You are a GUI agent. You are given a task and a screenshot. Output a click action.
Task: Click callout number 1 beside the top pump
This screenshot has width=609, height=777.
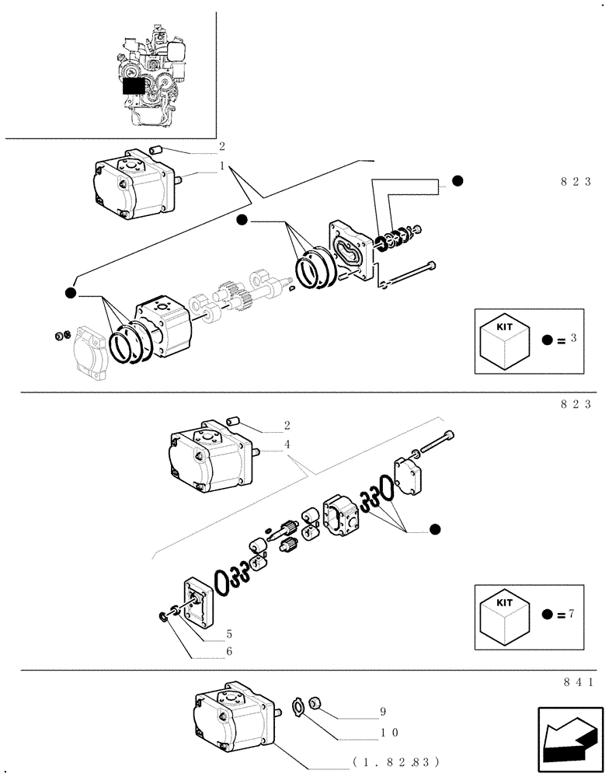point(222,166)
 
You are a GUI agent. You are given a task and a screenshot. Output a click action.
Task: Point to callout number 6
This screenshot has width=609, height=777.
point(228,651)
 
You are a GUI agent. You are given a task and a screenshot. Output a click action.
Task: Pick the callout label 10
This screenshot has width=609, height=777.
point(388,732)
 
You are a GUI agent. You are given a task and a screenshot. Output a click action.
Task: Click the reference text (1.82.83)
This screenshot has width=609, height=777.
point(395,762)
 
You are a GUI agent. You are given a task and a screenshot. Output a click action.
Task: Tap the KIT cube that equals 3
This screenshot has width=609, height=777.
point(504,340)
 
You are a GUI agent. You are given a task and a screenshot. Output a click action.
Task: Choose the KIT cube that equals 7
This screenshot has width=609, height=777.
point(504,614)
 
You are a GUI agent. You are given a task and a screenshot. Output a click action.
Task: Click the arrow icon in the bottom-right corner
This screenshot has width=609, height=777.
point(569,734)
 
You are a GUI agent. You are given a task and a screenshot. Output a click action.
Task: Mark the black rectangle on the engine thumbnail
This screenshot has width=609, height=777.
point(134,85)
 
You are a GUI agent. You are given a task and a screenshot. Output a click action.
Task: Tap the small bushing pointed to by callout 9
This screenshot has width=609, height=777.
point(316,703)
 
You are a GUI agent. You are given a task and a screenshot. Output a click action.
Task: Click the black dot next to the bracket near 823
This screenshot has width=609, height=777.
point(458,181)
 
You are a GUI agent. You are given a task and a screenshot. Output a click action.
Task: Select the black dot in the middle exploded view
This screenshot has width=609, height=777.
point(435,529)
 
